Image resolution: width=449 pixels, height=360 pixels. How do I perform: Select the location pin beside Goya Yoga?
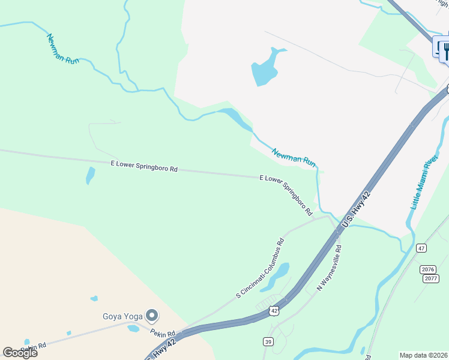[152, 314]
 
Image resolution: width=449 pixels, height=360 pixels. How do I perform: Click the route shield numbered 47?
[421, 248]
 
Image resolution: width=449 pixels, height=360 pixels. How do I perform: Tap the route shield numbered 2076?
[429, 270]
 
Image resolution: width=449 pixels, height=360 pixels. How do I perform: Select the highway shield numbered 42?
[274, 310]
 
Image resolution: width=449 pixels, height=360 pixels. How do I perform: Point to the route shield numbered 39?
[267, 341]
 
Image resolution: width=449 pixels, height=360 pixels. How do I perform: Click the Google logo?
[20, 352]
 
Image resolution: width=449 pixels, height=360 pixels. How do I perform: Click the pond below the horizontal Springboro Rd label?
[90, 175]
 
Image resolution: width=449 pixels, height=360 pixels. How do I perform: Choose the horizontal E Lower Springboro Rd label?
[144, 166]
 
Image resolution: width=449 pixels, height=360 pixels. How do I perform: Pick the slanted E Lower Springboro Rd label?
[286, 194]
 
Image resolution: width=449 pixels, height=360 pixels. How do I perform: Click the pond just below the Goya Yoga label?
[133, 328]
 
